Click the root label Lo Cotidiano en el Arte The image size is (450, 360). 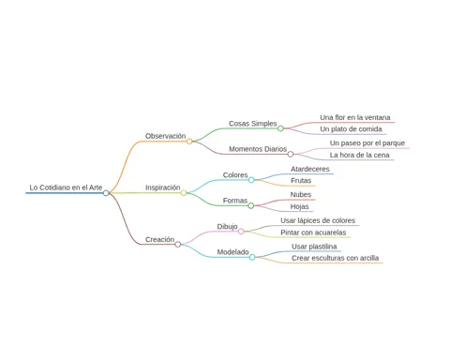point(66,187)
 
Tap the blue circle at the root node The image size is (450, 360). point(106,193)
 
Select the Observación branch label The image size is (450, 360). point(166,136)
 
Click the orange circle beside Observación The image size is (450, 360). point(189,142)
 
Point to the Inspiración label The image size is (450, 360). point(163,187)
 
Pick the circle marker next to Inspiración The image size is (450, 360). point(184,193)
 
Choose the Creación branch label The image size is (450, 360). point(159,239)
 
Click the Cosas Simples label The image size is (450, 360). point(253,124)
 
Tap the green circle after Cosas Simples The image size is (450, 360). point(280,128)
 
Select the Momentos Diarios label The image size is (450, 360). point(258,149)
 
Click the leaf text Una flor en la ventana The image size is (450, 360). point(355,117)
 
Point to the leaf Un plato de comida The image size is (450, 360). point(351,129)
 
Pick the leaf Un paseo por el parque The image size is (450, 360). point(367,143)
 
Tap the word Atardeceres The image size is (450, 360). point(310,169)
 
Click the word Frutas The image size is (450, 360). point(301,181)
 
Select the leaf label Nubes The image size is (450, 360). point(301,195)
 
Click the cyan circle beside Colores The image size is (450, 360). point(251,180)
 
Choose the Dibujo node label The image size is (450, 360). point(227,226)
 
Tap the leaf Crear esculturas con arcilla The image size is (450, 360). point(335,258)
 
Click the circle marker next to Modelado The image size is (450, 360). point(252,257)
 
